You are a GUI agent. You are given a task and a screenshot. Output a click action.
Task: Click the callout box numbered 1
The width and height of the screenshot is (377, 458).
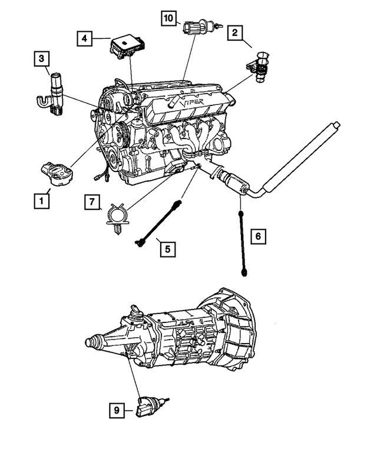coord(41,201)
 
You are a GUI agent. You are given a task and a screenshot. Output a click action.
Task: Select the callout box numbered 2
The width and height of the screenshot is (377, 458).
coord(235,34)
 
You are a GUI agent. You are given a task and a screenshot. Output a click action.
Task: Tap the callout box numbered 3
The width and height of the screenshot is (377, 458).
coord(41,58)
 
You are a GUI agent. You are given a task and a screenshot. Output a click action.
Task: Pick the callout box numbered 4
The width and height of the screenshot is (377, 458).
coord(85,38)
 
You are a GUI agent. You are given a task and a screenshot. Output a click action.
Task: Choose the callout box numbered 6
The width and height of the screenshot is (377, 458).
coord(257,237)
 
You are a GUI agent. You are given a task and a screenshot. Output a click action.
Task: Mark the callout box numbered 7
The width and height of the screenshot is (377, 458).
coord(92,203)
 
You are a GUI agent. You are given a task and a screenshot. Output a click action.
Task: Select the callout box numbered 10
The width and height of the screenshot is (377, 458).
coord(169,19)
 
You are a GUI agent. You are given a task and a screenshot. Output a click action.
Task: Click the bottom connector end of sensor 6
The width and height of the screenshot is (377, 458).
coord(243,272)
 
